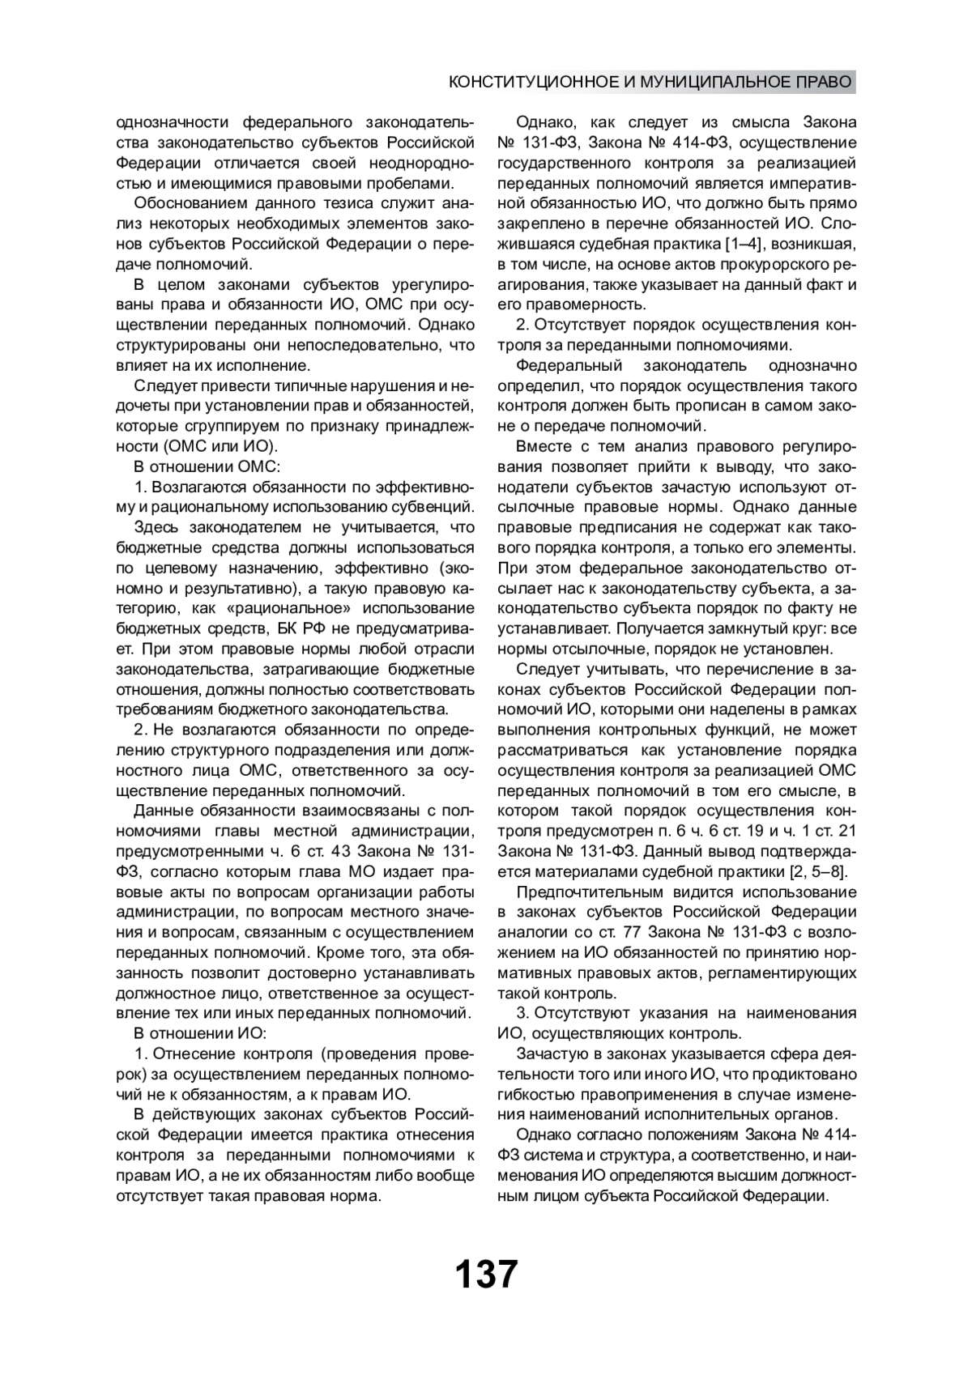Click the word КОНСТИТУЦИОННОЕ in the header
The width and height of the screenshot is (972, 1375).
(533, 83)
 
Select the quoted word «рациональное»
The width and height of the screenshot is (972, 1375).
(302, 608)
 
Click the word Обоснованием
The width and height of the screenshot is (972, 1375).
(180, 203)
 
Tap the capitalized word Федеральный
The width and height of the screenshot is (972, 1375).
(569, 365)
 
